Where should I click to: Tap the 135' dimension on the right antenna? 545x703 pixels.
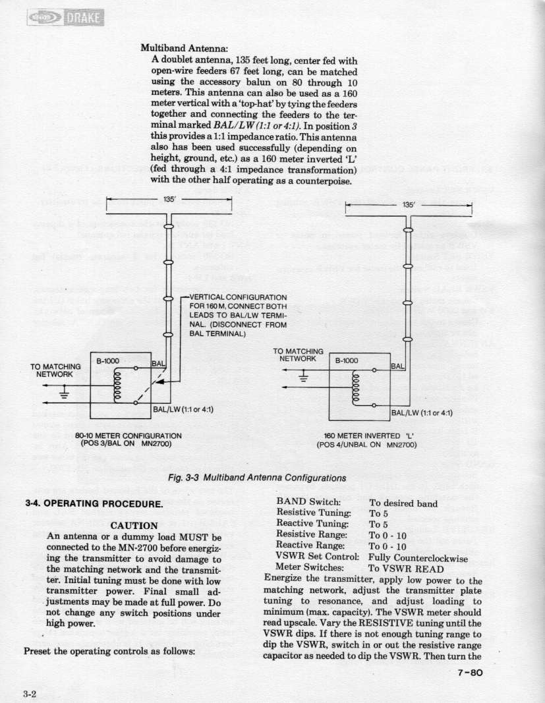(x=409, y=204)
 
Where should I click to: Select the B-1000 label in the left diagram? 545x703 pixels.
(x=109, y=360)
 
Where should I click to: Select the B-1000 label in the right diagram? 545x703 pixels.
(x=347, y=360)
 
